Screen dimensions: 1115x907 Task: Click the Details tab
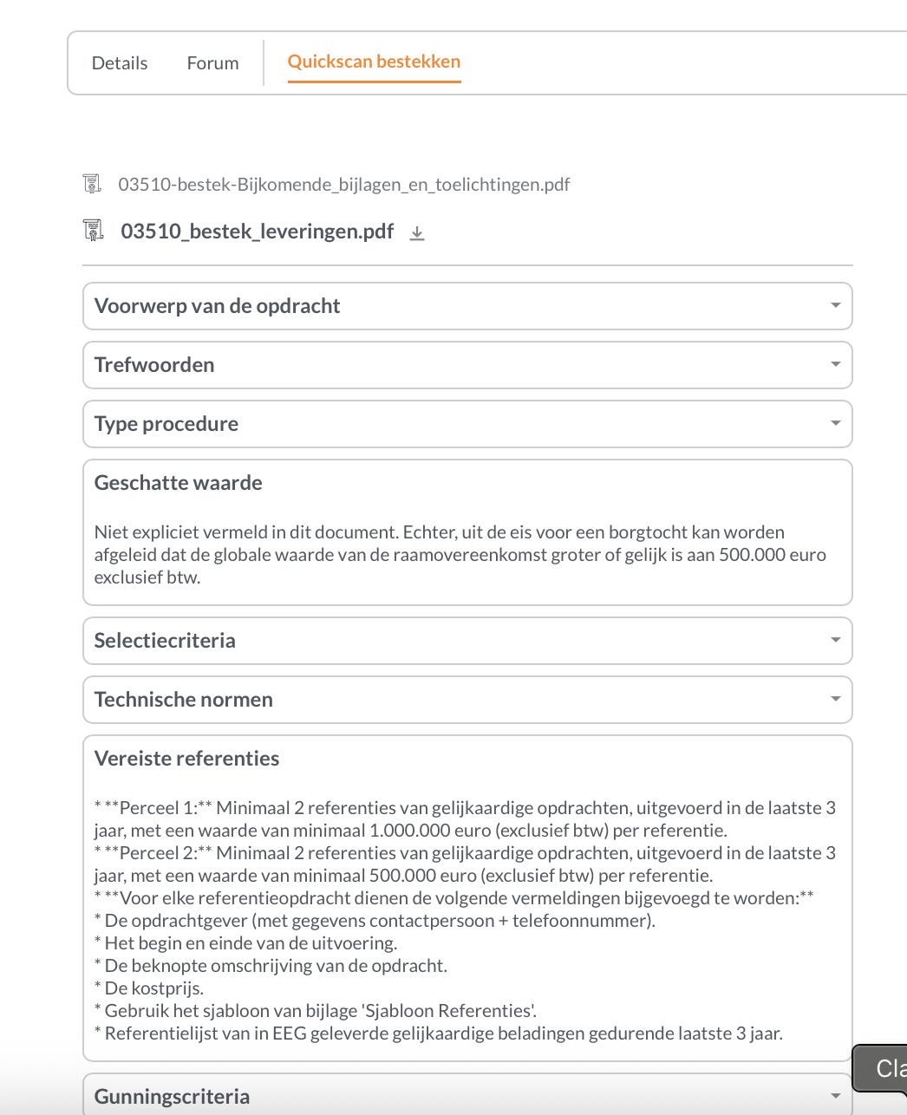click(120, 63)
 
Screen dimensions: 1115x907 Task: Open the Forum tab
click(212, 63)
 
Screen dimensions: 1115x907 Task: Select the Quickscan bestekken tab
click(374, 62)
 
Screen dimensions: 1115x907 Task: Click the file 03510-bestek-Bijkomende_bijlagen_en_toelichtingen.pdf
click(343, 184)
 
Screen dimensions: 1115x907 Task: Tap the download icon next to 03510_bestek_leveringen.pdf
click(417, 232)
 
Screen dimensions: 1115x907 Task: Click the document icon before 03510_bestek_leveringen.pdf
click(92, 231)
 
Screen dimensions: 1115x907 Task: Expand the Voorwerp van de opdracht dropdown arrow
click(835, 305)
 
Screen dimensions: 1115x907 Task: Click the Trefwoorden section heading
click(154, 365)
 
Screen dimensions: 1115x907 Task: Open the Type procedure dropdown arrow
click(835, 423)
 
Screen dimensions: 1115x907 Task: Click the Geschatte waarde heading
click(178, 483)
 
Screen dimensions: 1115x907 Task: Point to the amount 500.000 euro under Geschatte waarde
click(772, 555)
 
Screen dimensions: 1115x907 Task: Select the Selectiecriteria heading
click(165, 641)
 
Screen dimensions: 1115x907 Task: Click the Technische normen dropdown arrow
click(835, 699)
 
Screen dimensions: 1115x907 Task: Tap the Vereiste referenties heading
click(186, 759)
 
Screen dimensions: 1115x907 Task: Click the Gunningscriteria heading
click(172, 1097)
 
